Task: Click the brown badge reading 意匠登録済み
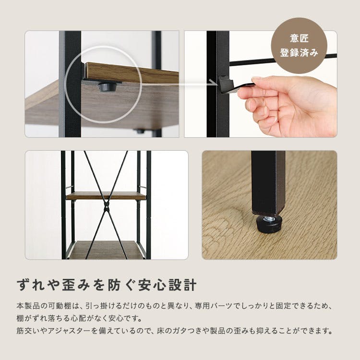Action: [299, 46]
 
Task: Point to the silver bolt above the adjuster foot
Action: [269, 218]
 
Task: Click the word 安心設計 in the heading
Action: [167, 285]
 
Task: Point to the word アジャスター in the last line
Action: [69, 331]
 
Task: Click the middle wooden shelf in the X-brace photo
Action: [106, 196]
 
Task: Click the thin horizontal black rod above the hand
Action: [283, 59]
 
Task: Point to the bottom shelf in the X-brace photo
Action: [106, 250]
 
